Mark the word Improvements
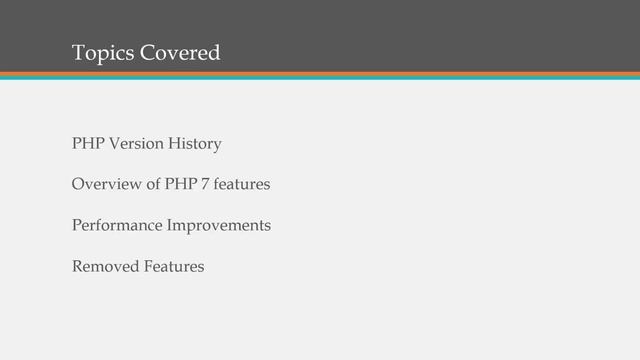coord(219,226)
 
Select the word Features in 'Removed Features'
coord(174,267)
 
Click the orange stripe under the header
coord(320,74)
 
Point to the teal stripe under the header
coord(320,79)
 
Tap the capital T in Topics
coord(78,52)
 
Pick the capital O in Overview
coord(78,185)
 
